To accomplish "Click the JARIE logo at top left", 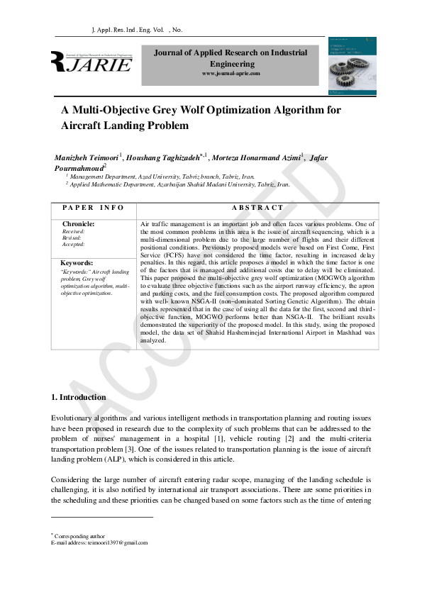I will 91,63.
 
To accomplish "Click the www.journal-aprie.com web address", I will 231,74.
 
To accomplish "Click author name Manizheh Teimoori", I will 86,157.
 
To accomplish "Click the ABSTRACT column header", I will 257,208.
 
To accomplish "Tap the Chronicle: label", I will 79,224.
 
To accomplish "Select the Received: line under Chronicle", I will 74,231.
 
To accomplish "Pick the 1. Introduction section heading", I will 79,397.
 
